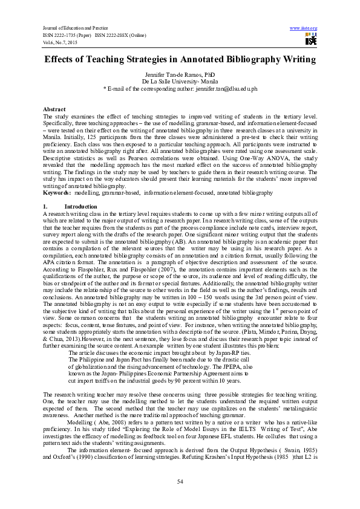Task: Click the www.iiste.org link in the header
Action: (304, 28)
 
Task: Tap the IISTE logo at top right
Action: (310, 40)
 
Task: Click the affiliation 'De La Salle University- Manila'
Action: (180, 81)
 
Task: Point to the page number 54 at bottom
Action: (180, 481)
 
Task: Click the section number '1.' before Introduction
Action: (45, 207)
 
